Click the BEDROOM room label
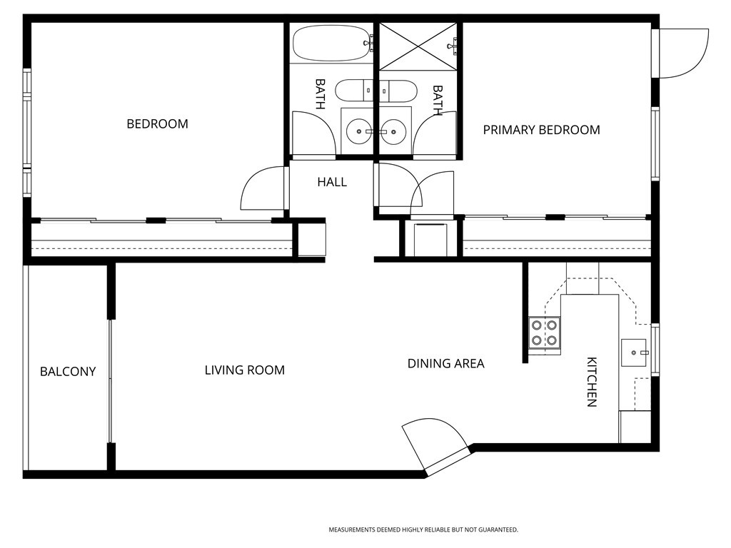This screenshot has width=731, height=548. tap(158, 124)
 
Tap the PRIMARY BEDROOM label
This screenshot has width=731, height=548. tap(541, 130)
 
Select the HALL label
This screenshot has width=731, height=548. tap(332, 182)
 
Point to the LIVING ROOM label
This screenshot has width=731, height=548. tap(245, 370)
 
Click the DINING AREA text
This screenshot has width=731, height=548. tap(445, 363)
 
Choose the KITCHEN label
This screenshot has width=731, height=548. tap(592, 382)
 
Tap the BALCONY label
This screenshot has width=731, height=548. tap(68, 371)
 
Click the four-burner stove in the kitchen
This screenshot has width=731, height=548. tap(544, 333)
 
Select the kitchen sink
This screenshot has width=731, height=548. tap(634, 352)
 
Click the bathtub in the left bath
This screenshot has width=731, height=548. tap(332, 43)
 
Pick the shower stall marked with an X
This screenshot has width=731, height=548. tap(418, 46)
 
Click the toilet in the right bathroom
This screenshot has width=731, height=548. tap(398, 91)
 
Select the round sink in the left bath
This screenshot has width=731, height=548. tap(359, 131)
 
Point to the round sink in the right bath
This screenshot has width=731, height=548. tap(393, 131)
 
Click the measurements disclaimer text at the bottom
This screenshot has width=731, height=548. tap(423, 530)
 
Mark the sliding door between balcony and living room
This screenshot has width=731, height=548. tap(111, 381)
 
